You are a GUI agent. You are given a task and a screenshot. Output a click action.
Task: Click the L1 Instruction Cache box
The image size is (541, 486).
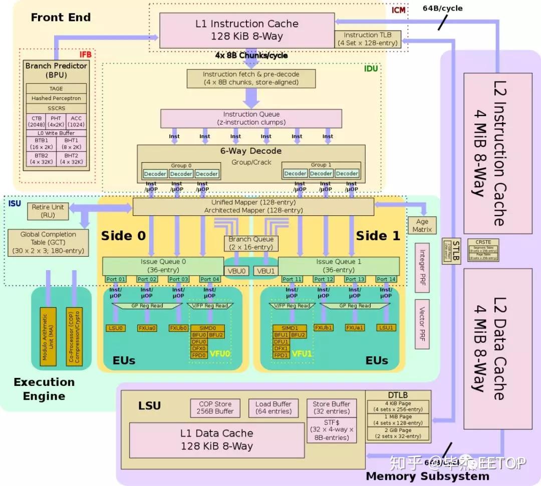pyautogui.click(x=246, y=30)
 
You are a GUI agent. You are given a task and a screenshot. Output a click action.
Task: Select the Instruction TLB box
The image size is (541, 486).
pyautogui.click(x=368, y=39)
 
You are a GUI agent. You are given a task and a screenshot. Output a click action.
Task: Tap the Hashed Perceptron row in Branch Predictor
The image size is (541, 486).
pyautogui.click(x=56, y=98)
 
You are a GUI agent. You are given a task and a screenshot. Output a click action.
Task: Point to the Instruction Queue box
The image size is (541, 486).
pyautogui.click(x=251, y=118)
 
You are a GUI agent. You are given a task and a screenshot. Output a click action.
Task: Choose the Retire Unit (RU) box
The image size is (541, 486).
pyautogui.click(x=48, y=211)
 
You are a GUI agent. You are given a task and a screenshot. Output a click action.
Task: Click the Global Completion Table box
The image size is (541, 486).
pyautogui.click(x=48, y=243)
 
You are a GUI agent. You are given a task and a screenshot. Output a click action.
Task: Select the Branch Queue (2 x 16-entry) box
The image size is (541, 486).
pyautogui.click(x=251, y=243)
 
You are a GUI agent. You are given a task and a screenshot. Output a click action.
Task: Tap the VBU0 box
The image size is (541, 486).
pyautogui.click(x=238, y=271)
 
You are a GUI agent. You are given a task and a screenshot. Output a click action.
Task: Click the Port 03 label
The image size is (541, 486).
pyautogui.click(x=178, y=279)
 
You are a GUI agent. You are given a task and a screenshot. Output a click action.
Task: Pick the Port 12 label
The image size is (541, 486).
pyautogui.click(x=323, y=279)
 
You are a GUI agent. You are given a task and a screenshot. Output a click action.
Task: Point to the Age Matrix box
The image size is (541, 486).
pyautogui.click(x=422, y=225)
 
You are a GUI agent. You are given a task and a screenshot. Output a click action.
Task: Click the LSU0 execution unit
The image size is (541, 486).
pyautogui.click(x=115, y=328)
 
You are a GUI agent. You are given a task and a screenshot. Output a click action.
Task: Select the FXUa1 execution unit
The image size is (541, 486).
pyautogui.click(x=355, y=327)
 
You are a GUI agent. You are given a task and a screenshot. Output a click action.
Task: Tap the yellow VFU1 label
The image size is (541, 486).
pyautogui.click(x=303, y=354)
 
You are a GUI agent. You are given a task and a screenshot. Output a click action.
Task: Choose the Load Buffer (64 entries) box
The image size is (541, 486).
pyautogui.click(x=273, y=407)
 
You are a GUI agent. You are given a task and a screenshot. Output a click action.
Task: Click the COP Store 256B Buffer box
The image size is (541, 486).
pyautogui.click(x=215, y=407)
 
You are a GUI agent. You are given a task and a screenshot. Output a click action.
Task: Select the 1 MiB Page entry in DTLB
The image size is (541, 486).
pyautogui.click(x=398, y=419)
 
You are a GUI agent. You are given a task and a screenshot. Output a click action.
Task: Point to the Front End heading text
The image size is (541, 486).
pyautogui.click(x=61, y=18)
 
